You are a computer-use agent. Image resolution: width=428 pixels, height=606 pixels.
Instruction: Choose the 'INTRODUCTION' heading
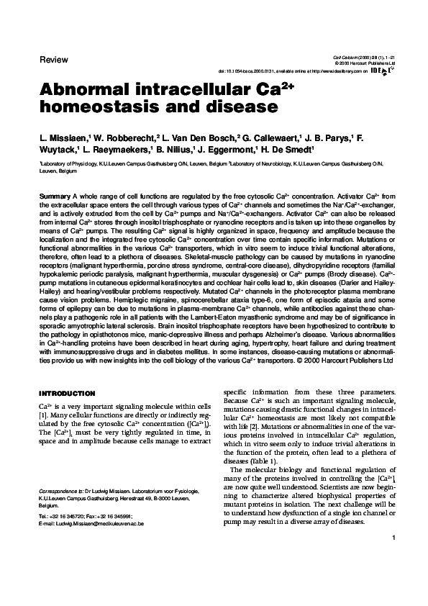tap(66, 393)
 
